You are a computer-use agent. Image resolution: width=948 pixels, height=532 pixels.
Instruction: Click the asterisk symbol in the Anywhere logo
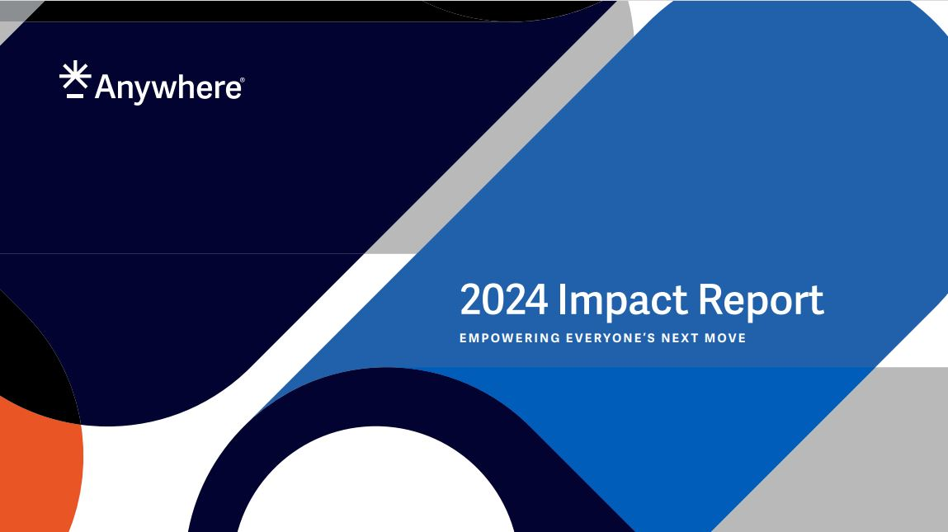(x=75, y=74)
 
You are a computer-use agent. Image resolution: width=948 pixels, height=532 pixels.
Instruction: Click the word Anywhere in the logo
(x=168, y=88)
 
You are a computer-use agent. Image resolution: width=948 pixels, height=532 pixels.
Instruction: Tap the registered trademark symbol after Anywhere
(x=243, y=80)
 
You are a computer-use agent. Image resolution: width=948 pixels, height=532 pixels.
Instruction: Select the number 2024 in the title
(x=503, y=300)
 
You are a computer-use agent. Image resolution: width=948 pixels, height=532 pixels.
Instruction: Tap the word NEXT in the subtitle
(x=680, y=338)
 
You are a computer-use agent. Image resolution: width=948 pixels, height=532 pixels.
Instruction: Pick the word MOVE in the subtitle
(x=725, y=338)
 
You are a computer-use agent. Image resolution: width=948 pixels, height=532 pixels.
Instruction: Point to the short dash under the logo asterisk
(x=75, y=96)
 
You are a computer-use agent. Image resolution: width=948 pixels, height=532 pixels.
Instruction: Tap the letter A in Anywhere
(x=106, y=87)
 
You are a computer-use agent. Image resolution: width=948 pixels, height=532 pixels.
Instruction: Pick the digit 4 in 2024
(x=537, y=299)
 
